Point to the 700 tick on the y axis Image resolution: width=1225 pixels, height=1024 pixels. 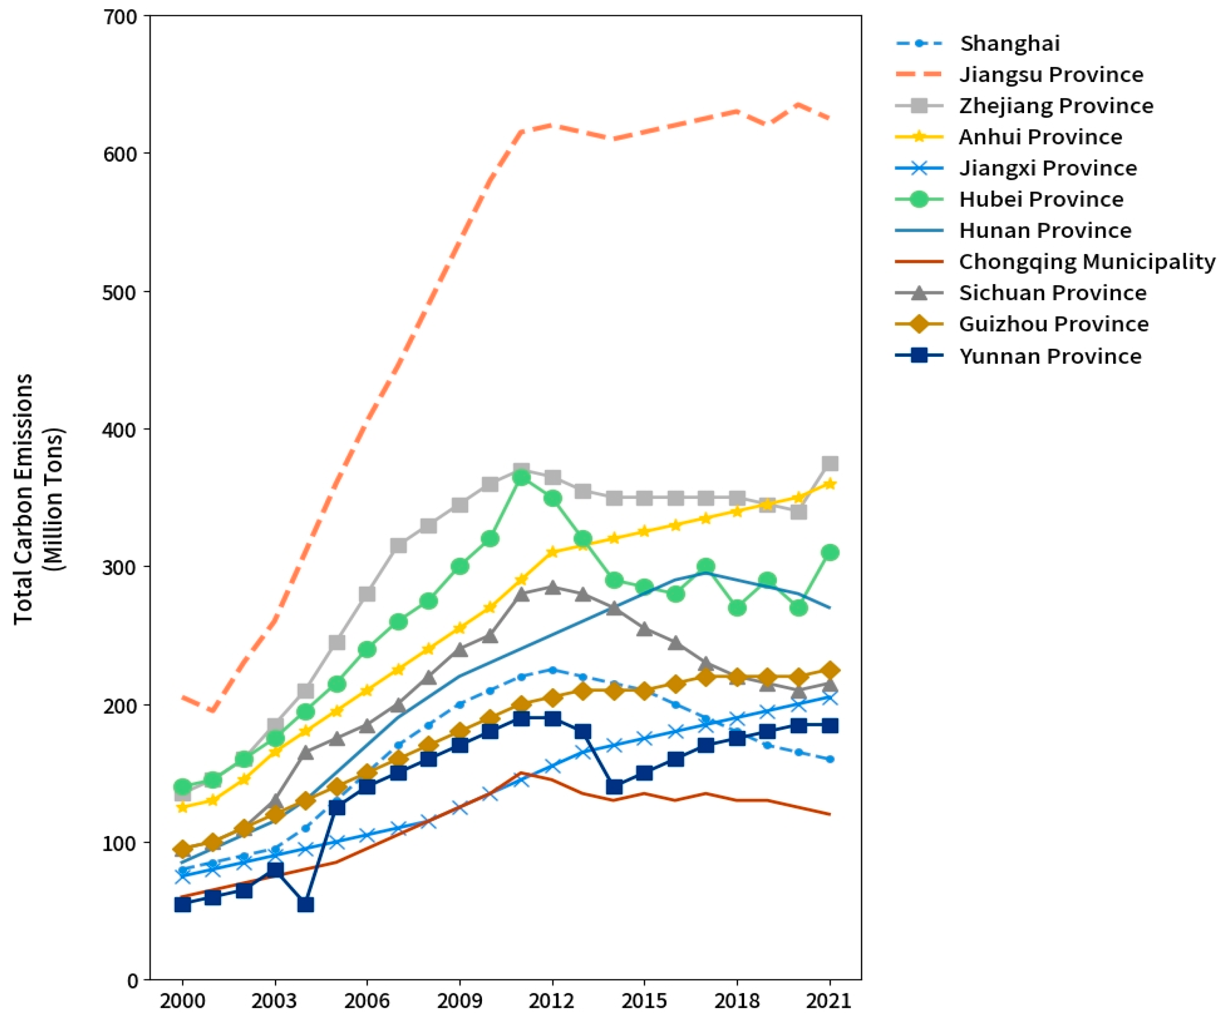(x=120, y=16)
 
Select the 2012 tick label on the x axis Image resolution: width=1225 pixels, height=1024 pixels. (x=552, y=1001)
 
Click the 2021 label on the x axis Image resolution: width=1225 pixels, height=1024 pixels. (x=829, y=1001)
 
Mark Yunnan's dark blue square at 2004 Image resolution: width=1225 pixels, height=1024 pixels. (x=306, y=905)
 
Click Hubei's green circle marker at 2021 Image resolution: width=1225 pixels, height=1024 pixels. (x=829, y=552)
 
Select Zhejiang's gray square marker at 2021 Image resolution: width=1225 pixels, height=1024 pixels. (x=829, y=464)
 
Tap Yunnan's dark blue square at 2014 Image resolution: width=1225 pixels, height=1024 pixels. (x=614, y=787)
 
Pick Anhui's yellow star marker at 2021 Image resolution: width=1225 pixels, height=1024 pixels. (x=829, y=484)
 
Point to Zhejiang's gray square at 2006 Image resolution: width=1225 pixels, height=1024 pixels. (x=367, y=594)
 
